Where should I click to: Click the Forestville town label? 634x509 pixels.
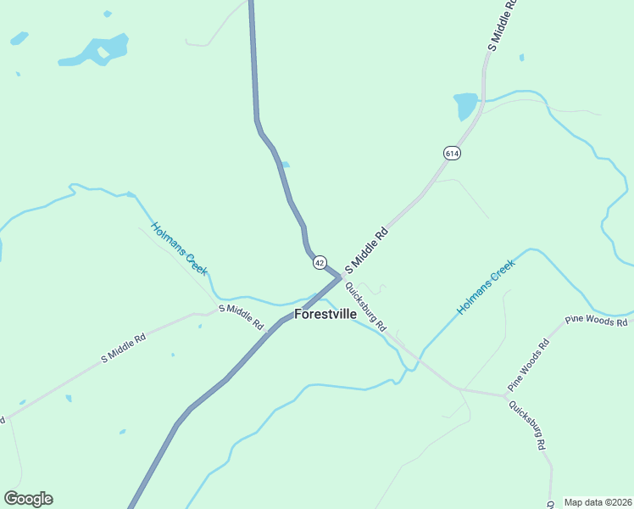pyautogui.click(x=325, y=314)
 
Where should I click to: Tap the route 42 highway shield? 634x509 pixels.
pyautogui.click(x=319, y=263)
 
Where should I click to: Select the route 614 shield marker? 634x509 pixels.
pyautogui.click(x=451, y=153)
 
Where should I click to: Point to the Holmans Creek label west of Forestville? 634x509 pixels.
pyautogui.click(x=180, y=248)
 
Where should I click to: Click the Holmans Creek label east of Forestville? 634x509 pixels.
pyautogui.click(x=486, y=287)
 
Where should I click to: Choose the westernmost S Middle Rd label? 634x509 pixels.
pyautogui.click(x=124, y=348)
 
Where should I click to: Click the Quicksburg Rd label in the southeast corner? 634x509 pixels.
pyautogui.click(x=526, y=424)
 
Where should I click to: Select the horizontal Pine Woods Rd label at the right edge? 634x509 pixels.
pyautogui.click(x=597, y=322)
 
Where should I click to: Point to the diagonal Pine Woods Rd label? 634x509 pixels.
pyautogui.click(x=529, y=365)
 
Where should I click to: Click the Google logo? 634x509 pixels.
pyautogui.click(x=28, y=499)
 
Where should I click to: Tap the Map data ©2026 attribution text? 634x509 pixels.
pyautogui.click(x=598, y=501)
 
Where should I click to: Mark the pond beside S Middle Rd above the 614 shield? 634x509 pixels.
pyautogui.click(x=465, y=106)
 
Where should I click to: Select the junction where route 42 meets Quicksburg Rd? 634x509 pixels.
pyautogui.click(x=341, y=277)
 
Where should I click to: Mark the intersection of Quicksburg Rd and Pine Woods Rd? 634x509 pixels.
pyautogui.click(x=506, y=394)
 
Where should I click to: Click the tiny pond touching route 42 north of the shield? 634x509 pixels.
pyautogui.click(x=286, y=165)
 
